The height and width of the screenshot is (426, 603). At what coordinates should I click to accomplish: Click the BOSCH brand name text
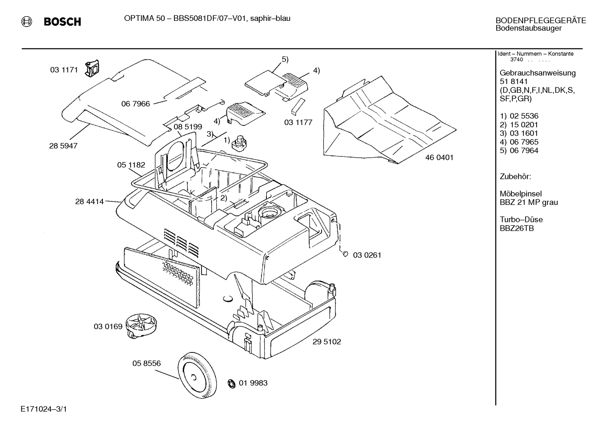tap(62, 21)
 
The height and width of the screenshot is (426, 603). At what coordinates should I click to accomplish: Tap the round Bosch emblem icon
tap(26, 21)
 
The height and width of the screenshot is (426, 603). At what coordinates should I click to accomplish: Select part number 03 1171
tap(64, 70)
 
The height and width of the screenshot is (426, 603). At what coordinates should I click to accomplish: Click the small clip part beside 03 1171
tap(92, 68)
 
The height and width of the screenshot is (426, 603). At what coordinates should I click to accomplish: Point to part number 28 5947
tap(63, 146)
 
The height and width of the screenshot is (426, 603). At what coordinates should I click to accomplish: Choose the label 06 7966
tap(135, 104)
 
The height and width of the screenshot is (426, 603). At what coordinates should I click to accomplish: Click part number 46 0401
tap(439, 158)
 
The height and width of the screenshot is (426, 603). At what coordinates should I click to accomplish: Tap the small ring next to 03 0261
tap(345, 254)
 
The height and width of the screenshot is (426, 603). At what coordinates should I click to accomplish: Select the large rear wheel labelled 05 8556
tap(197, 375)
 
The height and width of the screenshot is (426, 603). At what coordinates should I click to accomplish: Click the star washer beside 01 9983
tap(231, 383)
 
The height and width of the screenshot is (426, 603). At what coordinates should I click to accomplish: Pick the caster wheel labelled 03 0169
tap(141, 326)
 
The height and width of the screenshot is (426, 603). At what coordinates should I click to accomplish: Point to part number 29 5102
tap(327, 342)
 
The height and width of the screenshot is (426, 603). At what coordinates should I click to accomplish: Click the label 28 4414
tap(89, 202)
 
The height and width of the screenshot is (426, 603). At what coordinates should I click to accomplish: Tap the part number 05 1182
tap(131, 165)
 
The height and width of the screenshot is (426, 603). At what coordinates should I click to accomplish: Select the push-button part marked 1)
tap(239, 143)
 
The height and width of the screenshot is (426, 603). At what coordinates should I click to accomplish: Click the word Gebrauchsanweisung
tap(538, 73)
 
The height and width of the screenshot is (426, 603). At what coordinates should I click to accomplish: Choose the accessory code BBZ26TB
tap(517, 228)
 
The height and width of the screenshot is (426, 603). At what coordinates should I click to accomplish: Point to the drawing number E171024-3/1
tap(43, 409)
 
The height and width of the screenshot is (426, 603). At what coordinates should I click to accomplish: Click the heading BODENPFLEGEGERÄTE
tap(541, 20)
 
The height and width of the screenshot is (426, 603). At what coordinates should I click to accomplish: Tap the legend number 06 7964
tap(524, 151)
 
